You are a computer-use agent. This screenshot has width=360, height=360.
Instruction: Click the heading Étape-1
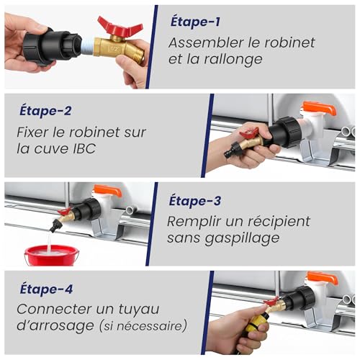[195, 22]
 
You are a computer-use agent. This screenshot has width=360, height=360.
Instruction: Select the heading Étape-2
[45, 111]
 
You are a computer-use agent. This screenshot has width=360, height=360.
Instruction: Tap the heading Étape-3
[195, 201]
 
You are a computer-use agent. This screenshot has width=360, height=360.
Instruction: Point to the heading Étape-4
[46, 289]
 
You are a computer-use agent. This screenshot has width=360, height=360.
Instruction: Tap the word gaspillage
[242, 239]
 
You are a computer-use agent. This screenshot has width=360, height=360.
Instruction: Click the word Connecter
[53, 309]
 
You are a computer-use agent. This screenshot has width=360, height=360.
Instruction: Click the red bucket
[52, 255]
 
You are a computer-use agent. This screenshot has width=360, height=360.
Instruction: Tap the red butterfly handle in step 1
[120, 27]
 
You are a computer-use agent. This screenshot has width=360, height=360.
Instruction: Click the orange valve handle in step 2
[319, 108]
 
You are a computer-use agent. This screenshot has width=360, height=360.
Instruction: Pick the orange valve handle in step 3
[107, 191]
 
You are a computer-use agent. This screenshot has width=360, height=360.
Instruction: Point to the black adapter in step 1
[53, 47]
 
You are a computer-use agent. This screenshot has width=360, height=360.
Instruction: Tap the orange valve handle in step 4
[323, 278]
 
